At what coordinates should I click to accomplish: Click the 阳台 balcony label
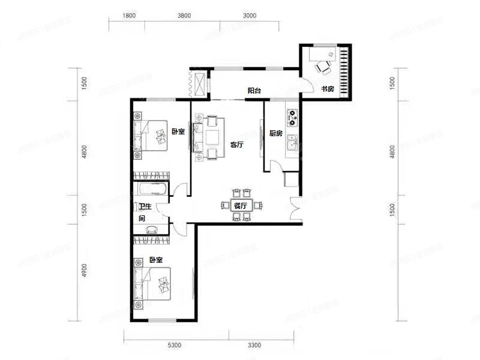coord(254,91)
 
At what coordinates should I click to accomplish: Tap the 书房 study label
coord(327,89)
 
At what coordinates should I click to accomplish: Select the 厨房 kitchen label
coord(276,133)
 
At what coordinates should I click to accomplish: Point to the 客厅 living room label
coord(236,145)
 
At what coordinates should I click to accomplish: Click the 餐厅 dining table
coord(241,205)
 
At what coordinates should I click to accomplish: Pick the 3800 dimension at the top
coord(184,16)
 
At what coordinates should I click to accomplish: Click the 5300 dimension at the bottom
coord(174,346)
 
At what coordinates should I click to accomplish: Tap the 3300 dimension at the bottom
coord(254,346)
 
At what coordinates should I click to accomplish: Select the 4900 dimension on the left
coord(84,271)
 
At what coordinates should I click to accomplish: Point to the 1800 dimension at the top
coord(129,16)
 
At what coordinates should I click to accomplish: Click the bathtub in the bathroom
coord(152,189)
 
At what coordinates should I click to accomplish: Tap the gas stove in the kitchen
coord(292,118)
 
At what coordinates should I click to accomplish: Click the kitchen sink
coord(292,142)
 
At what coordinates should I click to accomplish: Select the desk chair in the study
coord(323,67)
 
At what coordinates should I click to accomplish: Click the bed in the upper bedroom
coord(151,136)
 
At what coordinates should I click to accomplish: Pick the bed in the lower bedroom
coord(152,284)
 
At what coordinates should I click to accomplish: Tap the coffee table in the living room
coord(212,137)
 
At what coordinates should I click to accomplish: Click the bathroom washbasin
coord(152,229)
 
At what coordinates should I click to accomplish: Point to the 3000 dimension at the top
coord(250,16)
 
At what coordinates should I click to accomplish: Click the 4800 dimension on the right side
coord(392,152)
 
